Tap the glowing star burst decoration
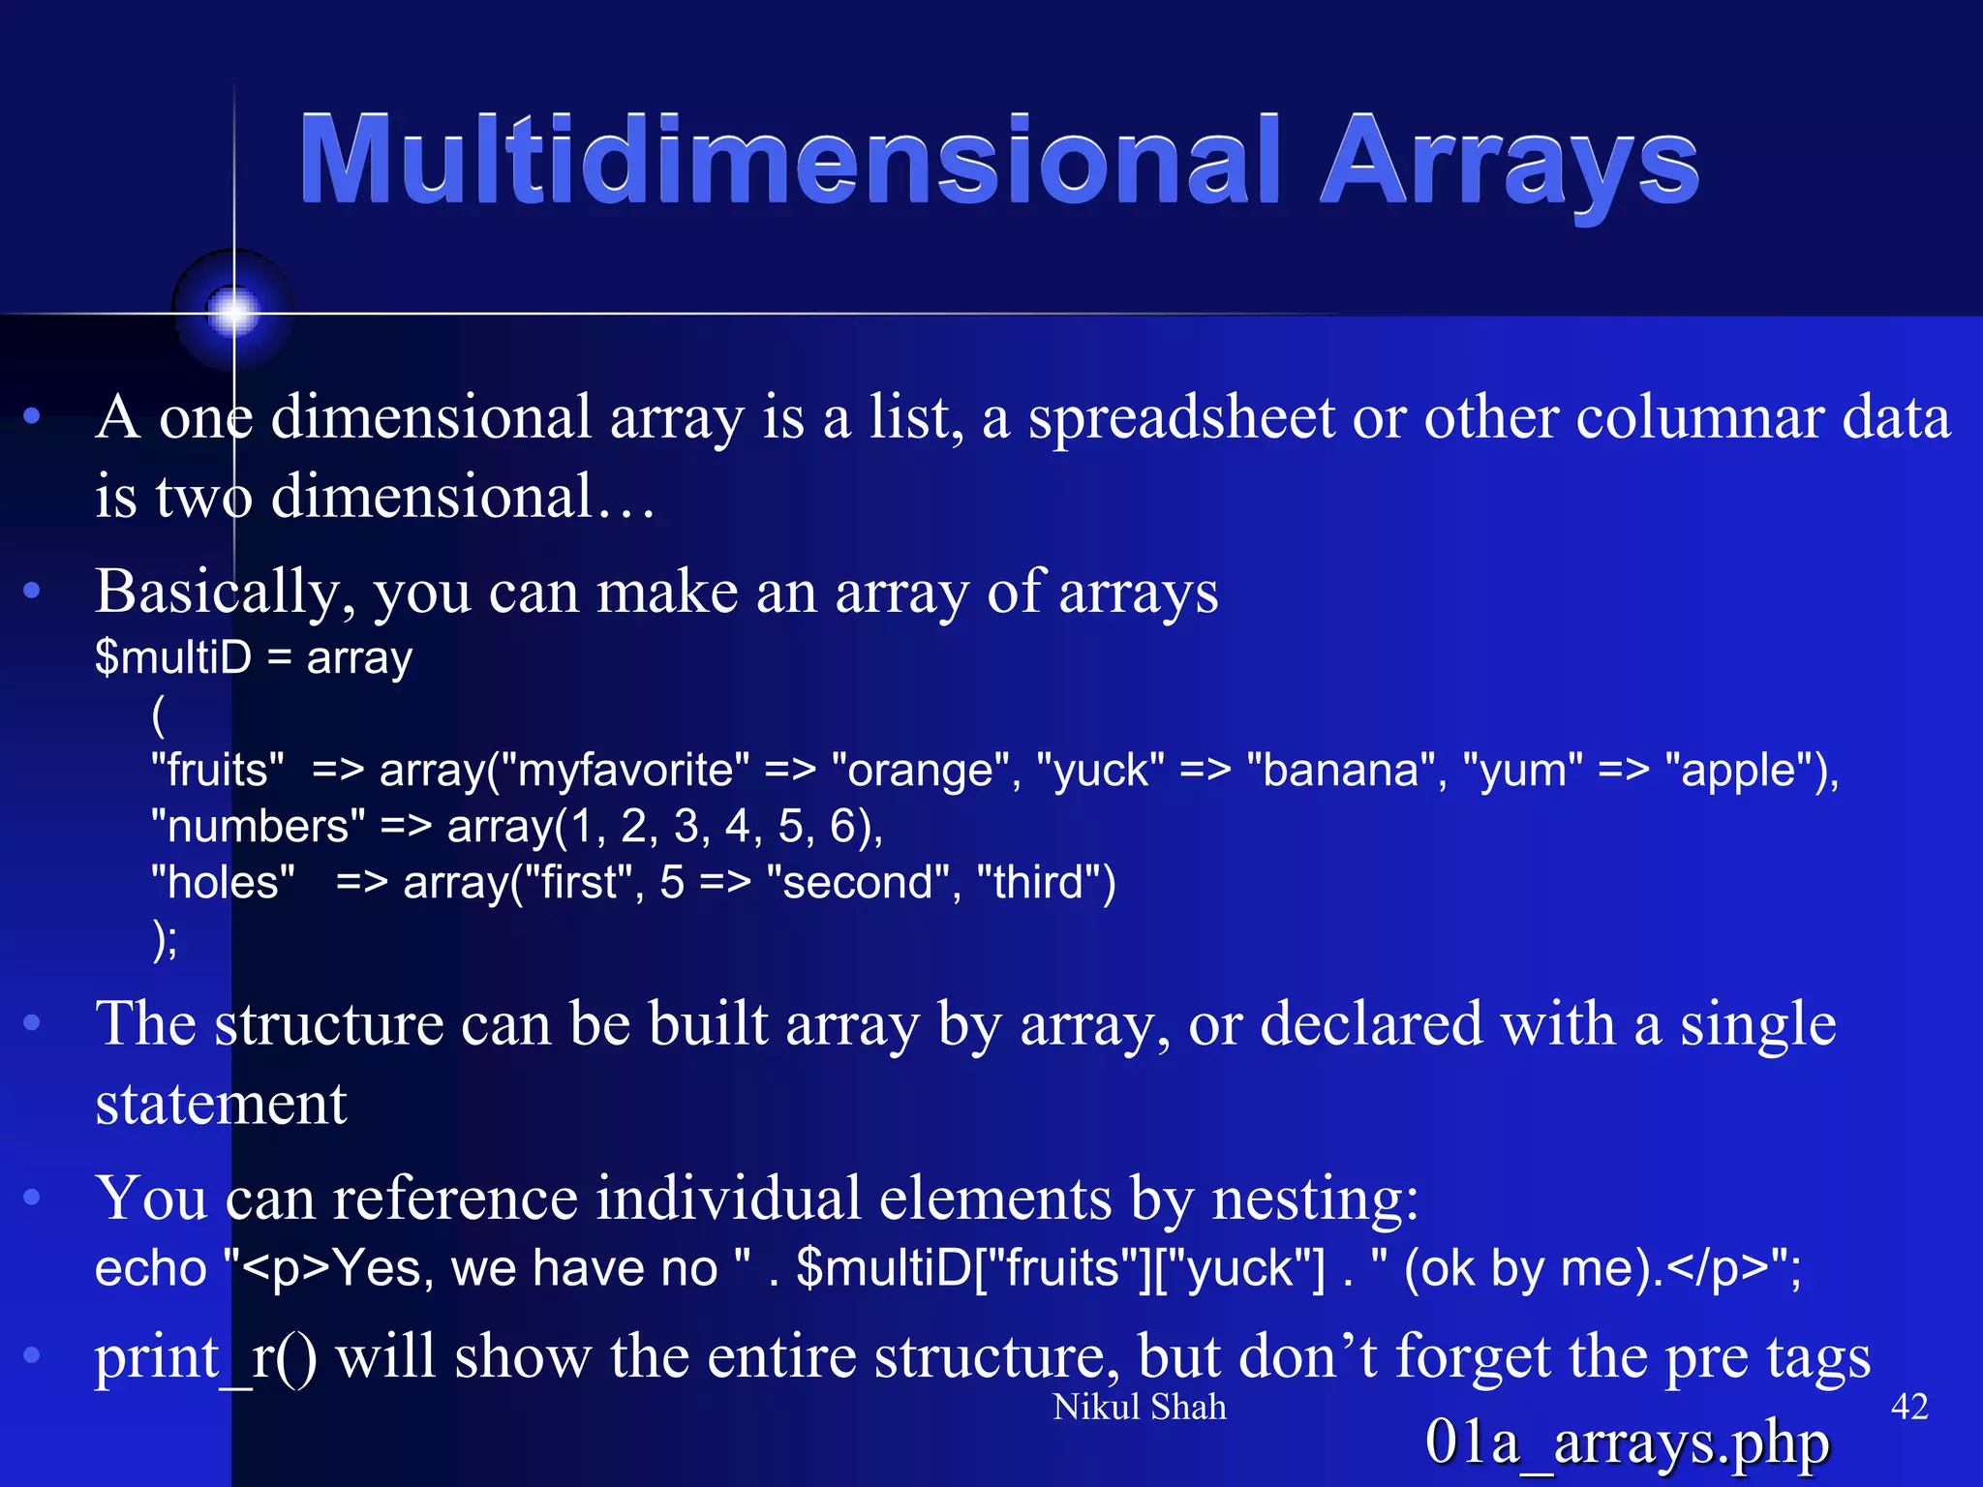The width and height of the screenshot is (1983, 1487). coord(233,312)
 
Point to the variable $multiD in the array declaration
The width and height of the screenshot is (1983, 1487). coord(173,658)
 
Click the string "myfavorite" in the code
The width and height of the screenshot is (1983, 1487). coord(633,771)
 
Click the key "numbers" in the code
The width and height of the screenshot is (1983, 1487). coord(258,827)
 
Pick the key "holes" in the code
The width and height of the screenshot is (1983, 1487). coord(223,883)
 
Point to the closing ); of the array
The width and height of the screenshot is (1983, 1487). coord(165,938)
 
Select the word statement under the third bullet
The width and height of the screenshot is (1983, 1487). coord(221,1104)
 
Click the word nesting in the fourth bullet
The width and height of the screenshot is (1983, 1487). coord(1315,1199)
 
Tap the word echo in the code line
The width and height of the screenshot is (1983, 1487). coord(151,1268)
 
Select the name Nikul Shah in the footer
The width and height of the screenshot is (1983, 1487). coord(1139,1407)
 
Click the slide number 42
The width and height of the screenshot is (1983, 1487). coord(1908,1407)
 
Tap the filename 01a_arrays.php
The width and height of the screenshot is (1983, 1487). coord(1627,1442)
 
